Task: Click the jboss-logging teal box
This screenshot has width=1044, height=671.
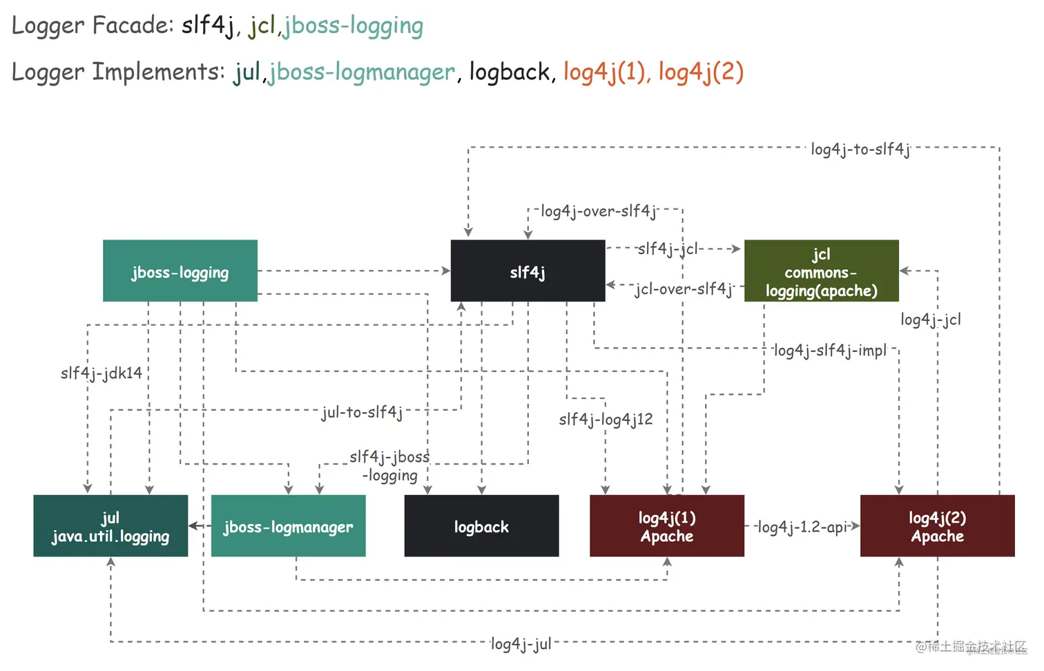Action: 180,271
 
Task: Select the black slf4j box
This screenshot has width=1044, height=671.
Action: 528,271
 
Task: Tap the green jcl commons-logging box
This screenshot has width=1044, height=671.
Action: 821,271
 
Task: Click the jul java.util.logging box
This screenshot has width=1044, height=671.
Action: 110,526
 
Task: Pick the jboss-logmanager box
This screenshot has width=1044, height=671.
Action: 288,526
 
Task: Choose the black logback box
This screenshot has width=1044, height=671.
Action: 481,526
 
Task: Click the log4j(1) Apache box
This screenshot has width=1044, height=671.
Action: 666,526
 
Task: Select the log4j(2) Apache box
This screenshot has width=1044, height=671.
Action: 937,526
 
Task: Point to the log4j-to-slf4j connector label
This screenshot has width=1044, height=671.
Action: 860,149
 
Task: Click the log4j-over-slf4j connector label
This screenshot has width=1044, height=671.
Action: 598,211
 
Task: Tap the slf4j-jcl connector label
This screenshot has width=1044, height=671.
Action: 668,249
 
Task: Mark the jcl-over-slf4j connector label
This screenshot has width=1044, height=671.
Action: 684,289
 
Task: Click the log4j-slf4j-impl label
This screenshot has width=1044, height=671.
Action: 830,351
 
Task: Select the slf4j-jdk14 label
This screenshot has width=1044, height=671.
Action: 101,373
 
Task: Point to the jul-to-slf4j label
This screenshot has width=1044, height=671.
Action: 362,413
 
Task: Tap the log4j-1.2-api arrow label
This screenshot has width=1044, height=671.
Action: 802,527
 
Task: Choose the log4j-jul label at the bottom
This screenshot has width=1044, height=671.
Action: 521,644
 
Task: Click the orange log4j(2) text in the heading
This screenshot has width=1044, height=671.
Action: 701,72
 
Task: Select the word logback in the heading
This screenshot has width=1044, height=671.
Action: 510,72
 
